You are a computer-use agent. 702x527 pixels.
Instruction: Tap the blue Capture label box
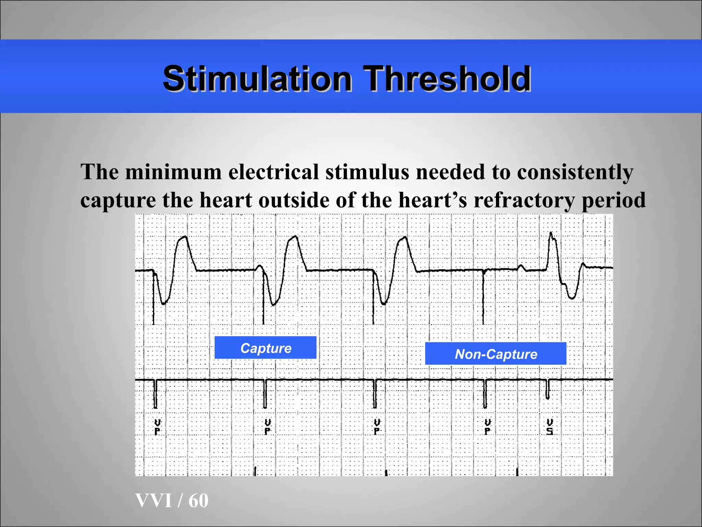[x=265, y=348]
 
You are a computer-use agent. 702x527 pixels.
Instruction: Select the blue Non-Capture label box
[x=496, y=354]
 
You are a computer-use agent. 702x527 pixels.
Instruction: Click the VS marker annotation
[x=549, y=426]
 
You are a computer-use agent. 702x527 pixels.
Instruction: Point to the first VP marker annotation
[x=157, y=426]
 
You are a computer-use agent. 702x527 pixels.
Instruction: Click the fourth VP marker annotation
[x=488, y=426]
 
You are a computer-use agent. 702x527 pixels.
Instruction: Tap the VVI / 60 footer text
[x=172, y=500]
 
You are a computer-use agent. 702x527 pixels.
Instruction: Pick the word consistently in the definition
[x=575, y=172]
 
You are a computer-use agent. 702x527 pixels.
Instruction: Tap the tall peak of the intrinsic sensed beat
[x=551, y=233]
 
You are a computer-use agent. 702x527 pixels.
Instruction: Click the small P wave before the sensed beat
[x=521, y=266]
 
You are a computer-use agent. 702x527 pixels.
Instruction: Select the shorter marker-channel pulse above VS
[x=547, y=389]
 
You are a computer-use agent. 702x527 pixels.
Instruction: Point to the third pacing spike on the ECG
[x=373, y=298]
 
